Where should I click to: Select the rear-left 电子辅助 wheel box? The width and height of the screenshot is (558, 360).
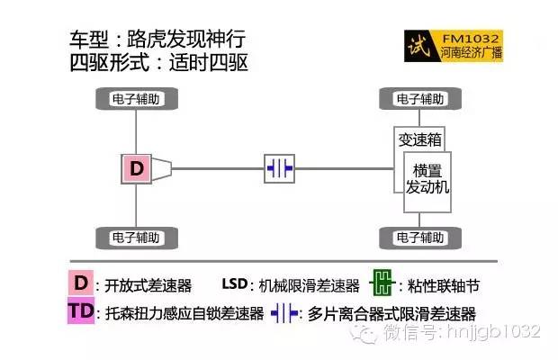(136, 238)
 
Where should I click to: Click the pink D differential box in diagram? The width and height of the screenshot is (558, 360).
(136, 168)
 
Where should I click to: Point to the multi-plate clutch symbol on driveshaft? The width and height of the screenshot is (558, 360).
(279, 168)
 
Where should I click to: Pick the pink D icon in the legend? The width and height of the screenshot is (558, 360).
(81, 283)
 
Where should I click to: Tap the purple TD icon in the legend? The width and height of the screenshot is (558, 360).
(81, 312)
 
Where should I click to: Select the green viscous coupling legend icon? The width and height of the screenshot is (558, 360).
(383, 284)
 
